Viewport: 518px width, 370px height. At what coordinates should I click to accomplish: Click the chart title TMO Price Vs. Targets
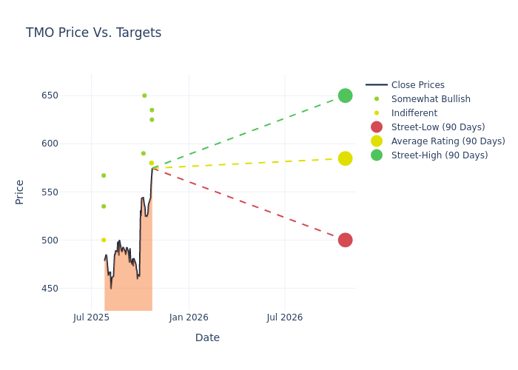tap(93, 33)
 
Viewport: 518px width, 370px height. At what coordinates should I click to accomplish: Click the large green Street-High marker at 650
tap(345, 95)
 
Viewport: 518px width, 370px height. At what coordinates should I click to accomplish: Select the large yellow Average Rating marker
tap(345, 158)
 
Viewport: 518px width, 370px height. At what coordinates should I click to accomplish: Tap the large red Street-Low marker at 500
tap(345, 240)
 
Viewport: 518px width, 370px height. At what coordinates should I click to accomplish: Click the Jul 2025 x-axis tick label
tap(91, 317)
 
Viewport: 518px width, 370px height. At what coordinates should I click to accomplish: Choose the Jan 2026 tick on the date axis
tap(189, 317)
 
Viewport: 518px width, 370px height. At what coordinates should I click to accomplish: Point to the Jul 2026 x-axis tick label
tap(284, 317)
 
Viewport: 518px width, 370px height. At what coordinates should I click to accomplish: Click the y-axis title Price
tap(20, 192)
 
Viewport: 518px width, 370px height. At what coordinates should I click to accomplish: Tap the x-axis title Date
tap(207, 338)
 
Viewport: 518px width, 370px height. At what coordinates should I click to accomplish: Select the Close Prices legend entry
tap(417, 85)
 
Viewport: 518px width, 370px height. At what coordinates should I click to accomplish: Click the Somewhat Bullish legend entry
tap(431, 99)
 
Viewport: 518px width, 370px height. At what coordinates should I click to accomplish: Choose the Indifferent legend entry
tap(414, 113)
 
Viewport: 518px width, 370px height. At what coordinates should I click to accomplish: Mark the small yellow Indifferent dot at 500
tap(104, 240)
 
